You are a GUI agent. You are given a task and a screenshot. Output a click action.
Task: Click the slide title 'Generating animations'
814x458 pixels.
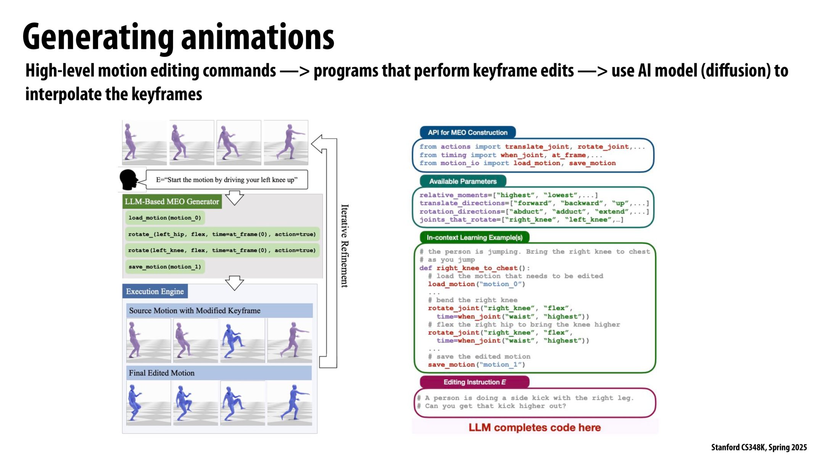178,37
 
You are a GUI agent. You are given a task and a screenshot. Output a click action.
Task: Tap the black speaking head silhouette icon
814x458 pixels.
129,179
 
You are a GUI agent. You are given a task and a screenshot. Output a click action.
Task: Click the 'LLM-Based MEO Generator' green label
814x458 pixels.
172,202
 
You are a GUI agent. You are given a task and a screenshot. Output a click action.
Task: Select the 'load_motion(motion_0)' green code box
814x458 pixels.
164,218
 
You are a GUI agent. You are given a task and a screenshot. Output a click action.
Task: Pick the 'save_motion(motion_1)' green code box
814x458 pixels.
164,267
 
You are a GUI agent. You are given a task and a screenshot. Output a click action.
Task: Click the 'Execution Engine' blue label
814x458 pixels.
155,292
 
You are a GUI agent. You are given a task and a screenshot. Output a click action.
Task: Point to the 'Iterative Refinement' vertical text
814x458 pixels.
344,246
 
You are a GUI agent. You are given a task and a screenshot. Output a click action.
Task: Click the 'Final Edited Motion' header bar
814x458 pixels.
219,373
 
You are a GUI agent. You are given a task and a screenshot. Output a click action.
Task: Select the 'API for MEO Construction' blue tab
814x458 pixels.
467,132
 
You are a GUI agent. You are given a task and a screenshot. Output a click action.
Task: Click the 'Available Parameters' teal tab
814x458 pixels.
463,181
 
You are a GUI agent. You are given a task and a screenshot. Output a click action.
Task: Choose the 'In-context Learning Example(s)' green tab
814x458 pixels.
474,237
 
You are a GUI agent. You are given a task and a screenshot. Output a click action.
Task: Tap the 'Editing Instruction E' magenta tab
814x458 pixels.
474,382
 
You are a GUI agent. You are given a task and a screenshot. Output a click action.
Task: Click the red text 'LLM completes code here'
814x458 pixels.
534,427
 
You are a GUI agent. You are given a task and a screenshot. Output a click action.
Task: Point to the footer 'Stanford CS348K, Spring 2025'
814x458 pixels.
759,447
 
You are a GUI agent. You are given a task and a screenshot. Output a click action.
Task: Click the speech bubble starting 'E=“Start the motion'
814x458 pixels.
227,180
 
